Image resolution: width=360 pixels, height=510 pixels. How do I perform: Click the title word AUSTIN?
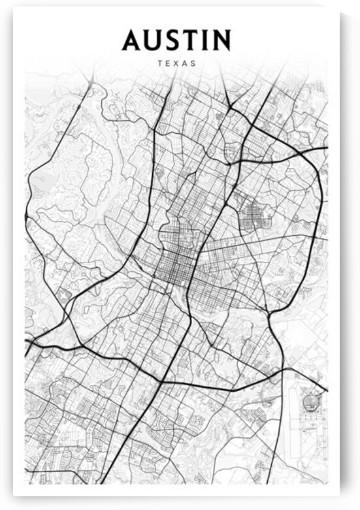[176, 40]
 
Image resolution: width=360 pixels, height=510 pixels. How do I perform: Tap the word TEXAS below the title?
[176, 64]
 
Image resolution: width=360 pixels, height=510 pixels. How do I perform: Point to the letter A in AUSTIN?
[133, 40]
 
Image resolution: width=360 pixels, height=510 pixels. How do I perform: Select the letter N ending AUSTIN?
[220, 40]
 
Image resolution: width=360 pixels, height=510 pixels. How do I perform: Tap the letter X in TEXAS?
[176, 64]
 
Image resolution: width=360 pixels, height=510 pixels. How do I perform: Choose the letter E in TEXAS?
[169, 64]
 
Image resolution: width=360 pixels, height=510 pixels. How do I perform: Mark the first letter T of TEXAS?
[160, 64]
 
